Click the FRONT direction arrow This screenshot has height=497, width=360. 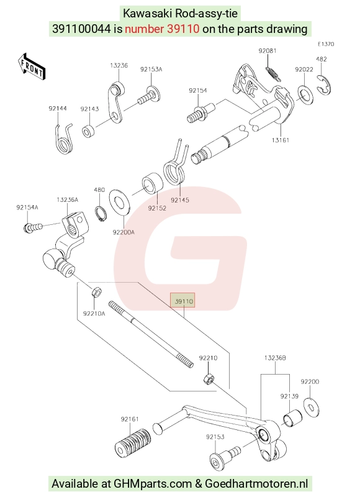(x=32, y=66)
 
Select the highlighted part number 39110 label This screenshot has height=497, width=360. (x=182, y=301)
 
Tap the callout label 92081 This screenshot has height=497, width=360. (x=268, y=51)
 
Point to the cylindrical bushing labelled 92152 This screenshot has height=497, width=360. (x=152, y=183)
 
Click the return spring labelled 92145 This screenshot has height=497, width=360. (x=175, y=163)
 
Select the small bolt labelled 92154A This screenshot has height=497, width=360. (x=33, y=227)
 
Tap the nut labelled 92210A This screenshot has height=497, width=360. (x=97, y=291)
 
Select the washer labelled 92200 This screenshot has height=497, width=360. (x=311, y=408)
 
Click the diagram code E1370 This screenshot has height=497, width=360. (x=326, y=44)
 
